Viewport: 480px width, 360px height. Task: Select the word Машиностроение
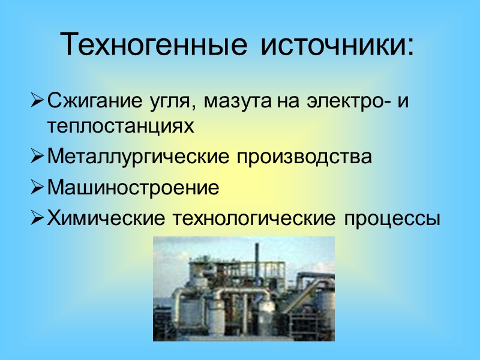click(x=133, y=188)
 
